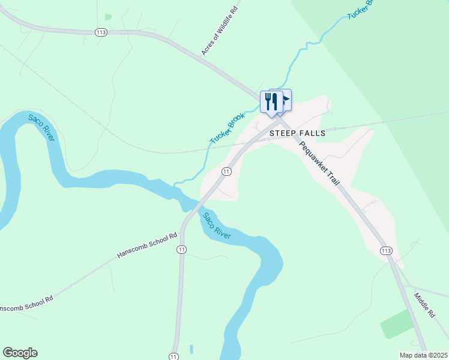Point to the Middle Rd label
pos(424,305)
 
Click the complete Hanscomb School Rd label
pos(148,246)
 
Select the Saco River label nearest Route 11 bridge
pos(216,227)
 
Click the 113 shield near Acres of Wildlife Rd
pos(101,32)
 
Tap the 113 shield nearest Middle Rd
pos(385,250)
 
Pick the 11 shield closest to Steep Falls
pos(226,172)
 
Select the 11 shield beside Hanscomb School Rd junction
pos(182,249)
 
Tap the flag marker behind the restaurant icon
pos(284,98)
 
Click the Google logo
pos(20,353)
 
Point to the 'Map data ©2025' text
pos(423,355)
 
